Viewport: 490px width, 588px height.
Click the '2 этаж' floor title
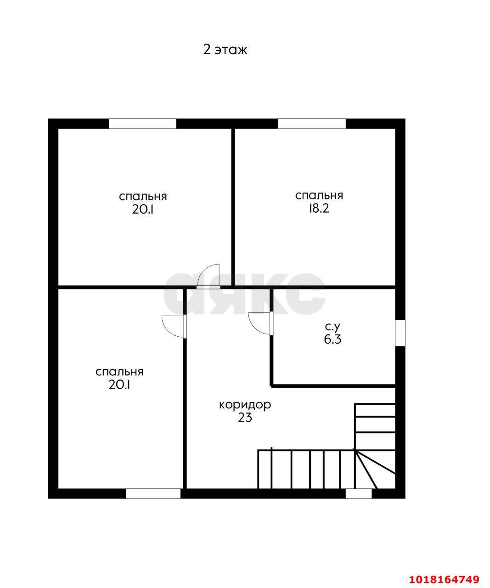click(x=225, y=50)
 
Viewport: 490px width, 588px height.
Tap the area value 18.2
click(x=319, y=209)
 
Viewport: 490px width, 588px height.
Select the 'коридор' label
click(x=245, y=405)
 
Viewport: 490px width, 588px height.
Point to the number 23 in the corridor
click(x=245, y=418)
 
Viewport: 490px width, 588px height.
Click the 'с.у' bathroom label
click(x=332, y=327)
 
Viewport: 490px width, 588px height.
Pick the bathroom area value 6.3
click(x=332, y=339)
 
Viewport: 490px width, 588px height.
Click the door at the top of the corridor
click(x=208, y=277)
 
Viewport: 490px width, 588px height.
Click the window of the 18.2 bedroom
click(x=312, y=124)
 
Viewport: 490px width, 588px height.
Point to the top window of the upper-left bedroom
click(x=142, y=124)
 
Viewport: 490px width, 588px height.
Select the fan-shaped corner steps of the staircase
click(x=375, y=469)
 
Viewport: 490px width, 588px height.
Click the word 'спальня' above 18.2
click(x=319, y=195)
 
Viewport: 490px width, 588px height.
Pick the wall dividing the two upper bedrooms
click(x=233, y=208)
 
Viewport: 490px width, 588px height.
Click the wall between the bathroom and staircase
click(x=333, y=386)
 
